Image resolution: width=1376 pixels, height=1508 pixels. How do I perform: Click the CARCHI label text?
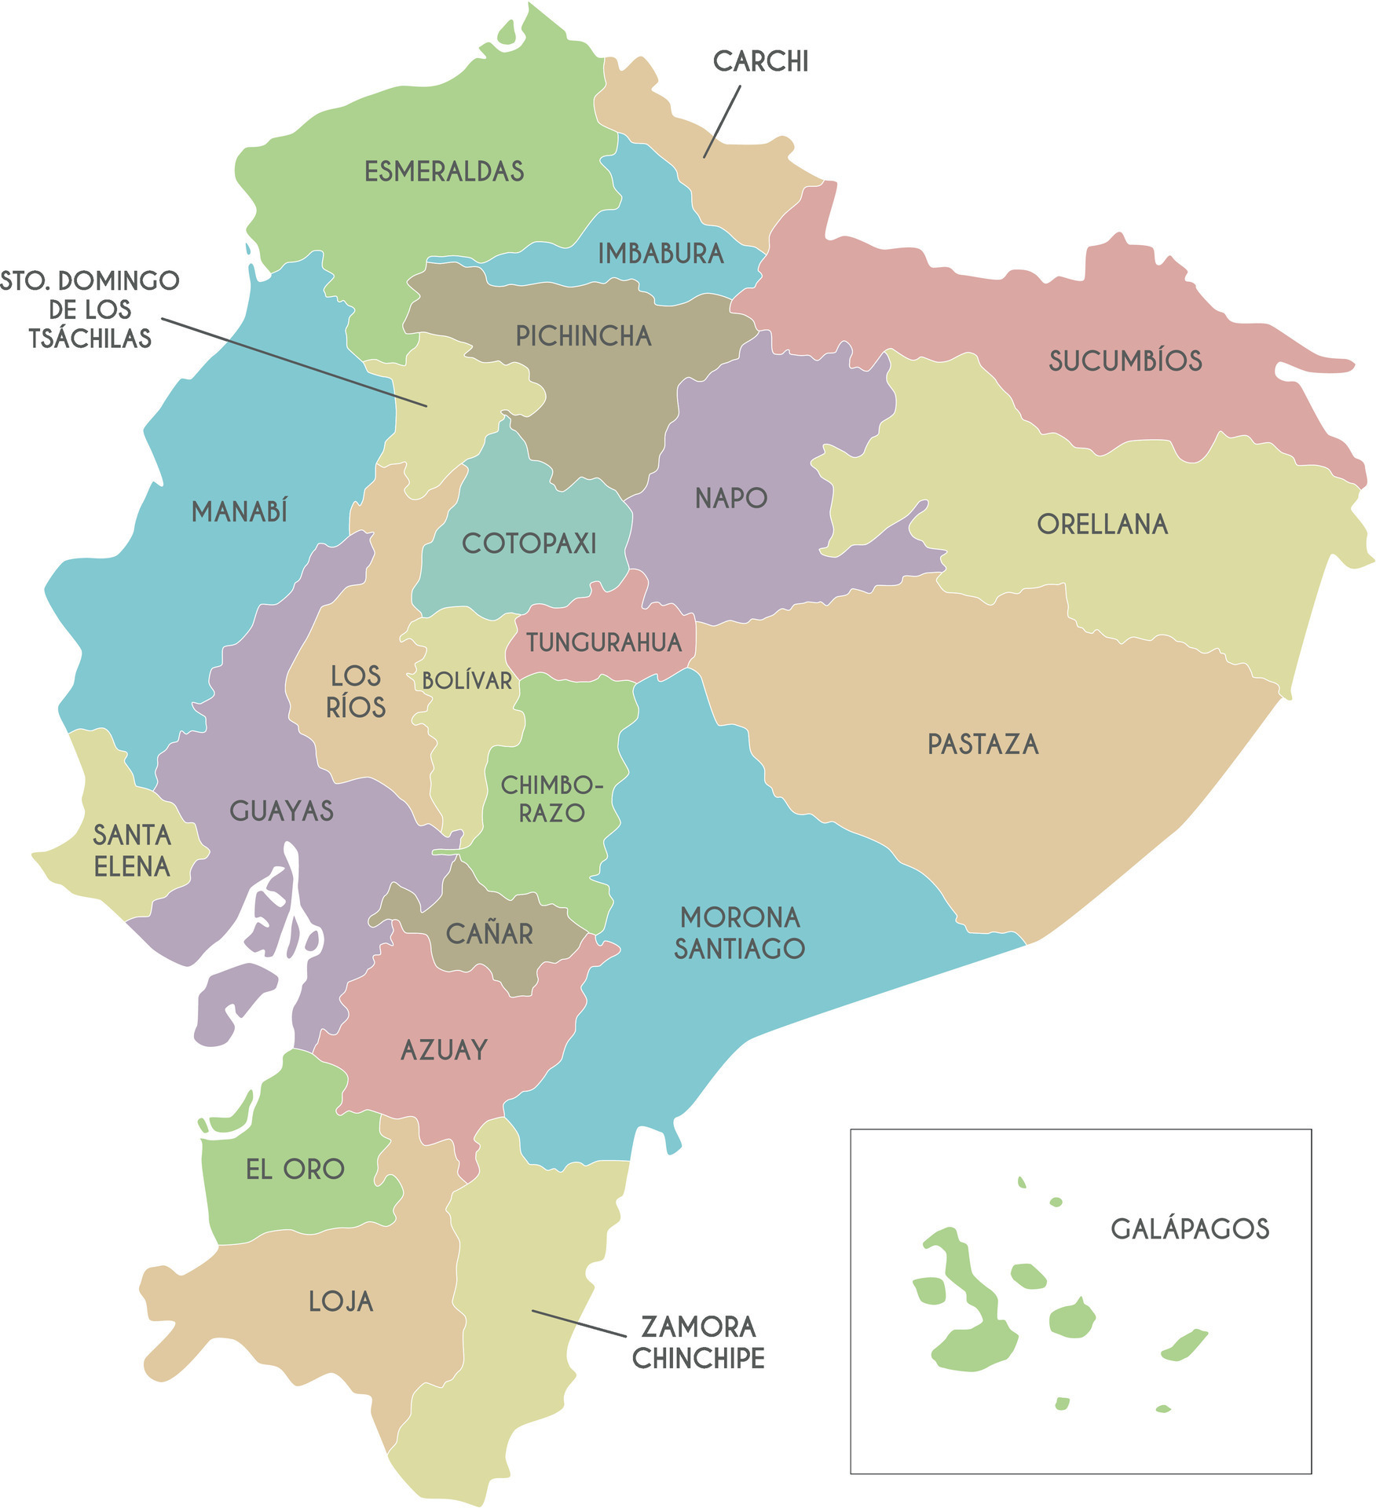pos(760,61)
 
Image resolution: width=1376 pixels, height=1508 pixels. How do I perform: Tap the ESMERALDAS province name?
pos(444,171)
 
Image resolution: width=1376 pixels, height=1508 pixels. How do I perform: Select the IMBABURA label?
pos(661,254)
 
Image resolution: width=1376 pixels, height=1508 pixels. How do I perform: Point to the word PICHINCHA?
pos(584,336)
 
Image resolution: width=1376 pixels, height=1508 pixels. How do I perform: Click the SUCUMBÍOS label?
pos(1125,361)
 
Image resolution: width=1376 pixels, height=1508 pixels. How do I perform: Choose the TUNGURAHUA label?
pos(603,642)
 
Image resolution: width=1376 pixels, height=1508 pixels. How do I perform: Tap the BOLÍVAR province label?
pos(467,680)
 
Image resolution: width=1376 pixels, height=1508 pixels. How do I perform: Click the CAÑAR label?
pos(489,934)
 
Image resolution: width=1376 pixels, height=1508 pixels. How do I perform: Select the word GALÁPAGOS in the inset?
pos(1189,1228)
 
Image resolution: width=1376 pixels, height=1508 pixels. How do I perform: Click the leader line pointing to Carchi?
pos(721,123)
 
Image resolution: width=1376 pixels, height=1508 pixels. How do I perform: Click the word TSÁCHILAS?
pos(90,339)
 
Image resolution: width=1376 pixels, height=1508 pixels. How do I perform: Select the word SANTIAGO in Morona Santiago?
pos(739,949)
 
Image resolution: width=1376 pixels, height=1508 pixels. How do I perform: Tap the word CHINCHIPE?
pos(698,1358)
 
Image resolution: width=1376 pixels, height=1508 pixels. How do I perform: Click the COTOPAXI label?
pos(529,544)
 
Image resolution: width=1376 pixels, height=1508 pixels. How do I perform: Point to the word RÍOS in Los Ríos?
pos(356,708)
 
